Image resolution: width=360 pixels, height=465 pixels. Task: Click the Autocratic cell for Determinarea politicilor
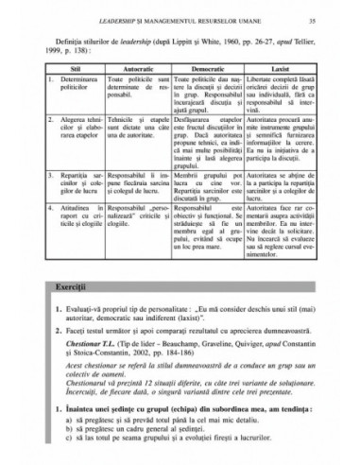pyautogui.click(x=139, y=87)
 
